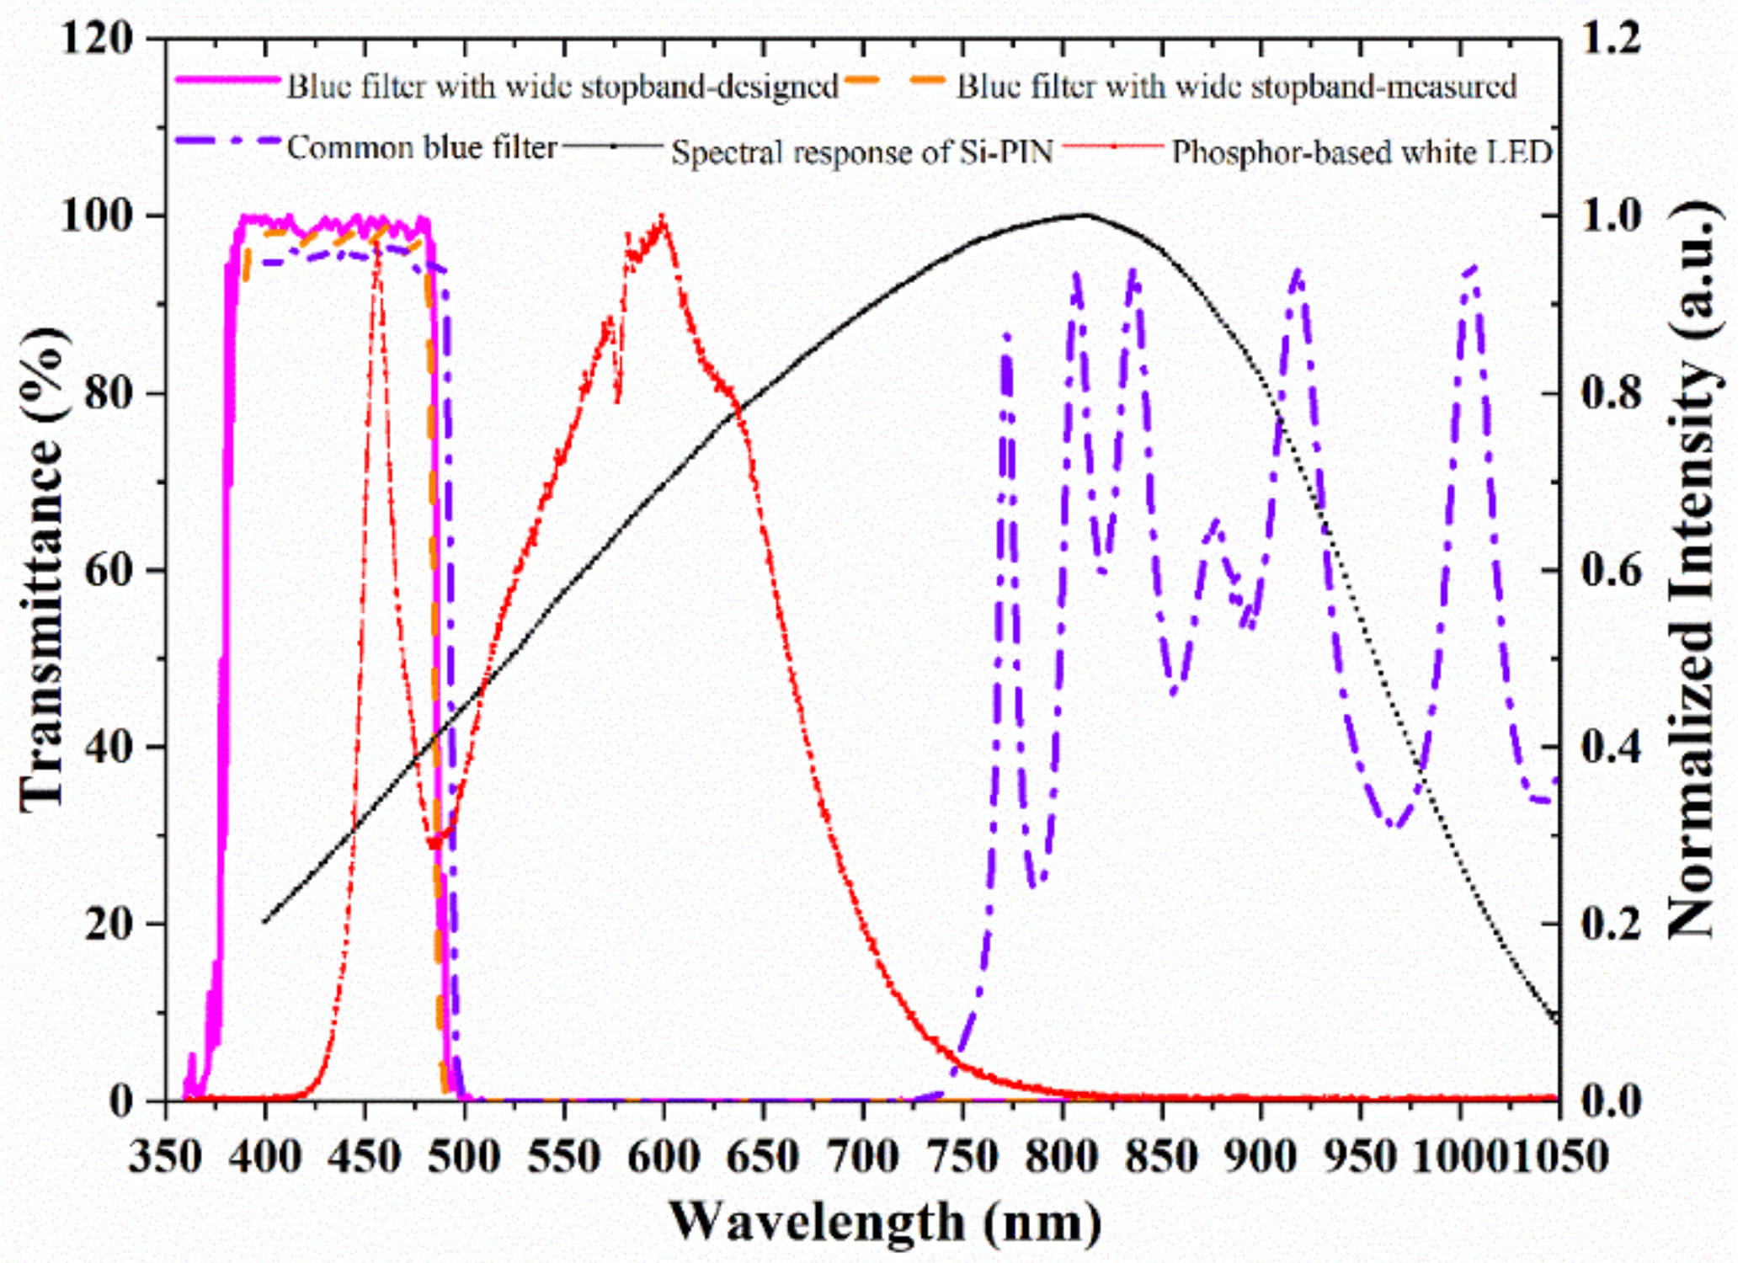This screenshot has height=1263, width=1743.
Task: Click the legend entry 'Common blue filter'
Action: tap(421, 148)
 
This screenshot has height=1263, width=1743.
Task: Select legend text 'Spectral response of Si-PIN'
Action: tap(861, 152)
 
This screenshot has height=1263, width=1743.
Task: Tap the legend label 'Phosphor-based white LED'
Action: tap(1362, 152)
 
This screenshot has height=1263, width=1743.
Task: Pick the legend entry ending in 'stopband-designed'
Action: tap(562, 86)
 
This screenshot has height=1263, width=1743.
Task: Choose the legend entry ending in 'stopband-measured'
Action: tap(1236, 86)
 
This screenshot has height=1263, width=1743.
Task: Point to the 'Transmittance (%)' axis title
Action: tap(42, 569)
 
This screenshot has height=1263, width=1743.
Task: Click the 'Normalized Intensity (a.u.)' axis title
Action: tap(1692, 569)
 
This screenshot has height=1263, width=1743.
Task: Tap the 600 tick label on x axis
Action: tap(663, 1156)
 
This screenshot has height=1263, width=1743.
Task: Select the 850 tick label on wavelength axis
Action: tap(1161, 1156)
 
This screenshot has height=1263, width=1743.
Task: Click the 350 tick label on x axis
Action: tap(165, 1156)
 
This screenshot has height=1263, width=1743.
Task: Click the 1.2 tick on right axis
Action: tap(1610, 39)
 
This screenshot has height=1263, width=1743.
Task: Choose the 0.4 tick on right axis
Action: tap(1610, 747)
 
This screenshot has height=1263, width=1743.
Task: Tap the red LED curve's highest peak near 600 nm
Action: tap(663, 217)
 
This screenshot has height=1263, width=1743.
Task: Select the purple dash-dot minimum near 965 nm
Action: tap(1395, 827)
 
